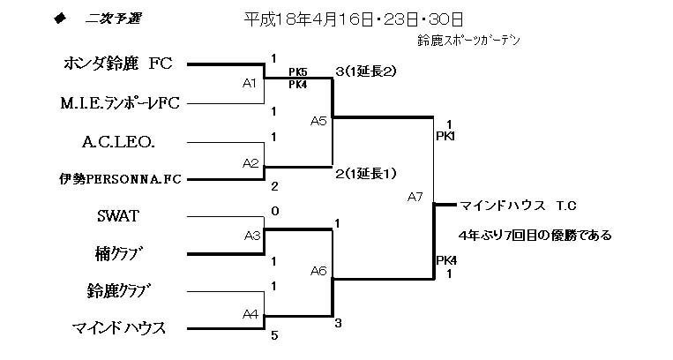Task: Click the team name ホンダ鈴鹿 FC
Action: (118, 64)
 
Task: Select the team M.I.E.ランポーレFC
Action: (118, 103)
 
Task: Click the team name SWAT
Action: (118, 214)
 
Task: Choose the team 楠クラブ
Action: (118, 253)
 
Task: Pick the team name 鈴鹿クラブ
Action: (118, 290)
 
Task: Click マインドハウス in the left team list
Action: (118, 328)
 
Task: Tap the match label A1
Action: (250, 84)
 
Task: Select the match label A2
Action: (250, 162)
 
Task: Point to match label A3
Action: (251, 235)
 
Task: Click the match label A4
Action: (250, 312)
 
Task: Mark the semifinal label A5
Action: (318, 122)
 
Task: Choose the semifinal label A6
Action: (318, 272)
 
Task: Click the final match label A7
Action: (415, 197)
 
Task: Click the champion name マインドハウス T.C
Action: (518, 206)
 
